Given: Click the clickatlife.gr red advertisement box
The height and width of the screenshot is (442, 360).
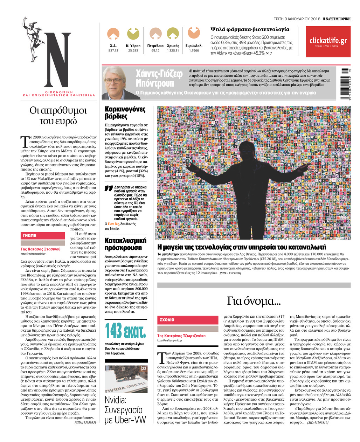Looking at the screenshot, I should tap(328, 41).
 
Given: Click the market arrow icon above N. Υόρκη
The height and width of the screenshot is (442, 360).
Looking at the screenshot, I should tap(133, 34).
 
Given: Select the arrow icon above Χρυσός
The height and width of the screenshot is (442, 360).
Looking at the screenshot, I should tap(173, 34).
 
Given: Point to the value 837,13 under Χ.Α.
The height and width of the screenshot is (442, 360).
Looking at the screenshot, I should tap(113, 50).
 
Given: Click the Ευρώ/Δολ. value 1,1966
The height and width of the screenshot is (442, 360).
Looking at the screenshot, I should tap(194, 50).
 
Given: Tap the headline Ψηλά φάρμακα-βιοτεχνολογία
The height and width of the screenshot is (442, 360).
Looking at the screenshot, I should tap(249, 29).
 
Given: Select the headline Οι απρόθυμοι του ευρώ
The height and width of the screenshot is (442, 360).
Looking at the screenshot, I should tap(58, 116).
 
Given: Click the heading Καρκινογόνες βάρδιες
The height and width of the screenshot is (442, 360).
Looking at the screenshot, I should tap(125, 112).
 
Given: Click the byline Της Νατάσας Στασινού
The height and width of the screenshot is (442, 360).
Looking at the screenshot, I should tap(40, 249).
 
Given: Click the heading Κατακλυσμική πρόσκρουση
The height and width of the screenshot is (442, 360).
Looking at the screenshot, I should tap(125, 244).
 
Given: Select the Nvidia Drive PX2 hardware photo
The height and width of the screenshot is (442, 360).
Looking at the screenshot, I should tap(126, 379).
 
